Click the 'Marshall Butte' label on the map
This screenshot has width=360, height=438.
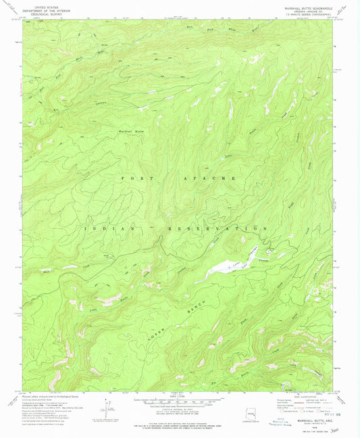pyautogui.click(x=132, y=129)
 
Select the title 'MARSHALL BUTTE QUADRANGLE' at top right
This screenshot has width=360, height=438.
pyautogui.click(x=307, y=9)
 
